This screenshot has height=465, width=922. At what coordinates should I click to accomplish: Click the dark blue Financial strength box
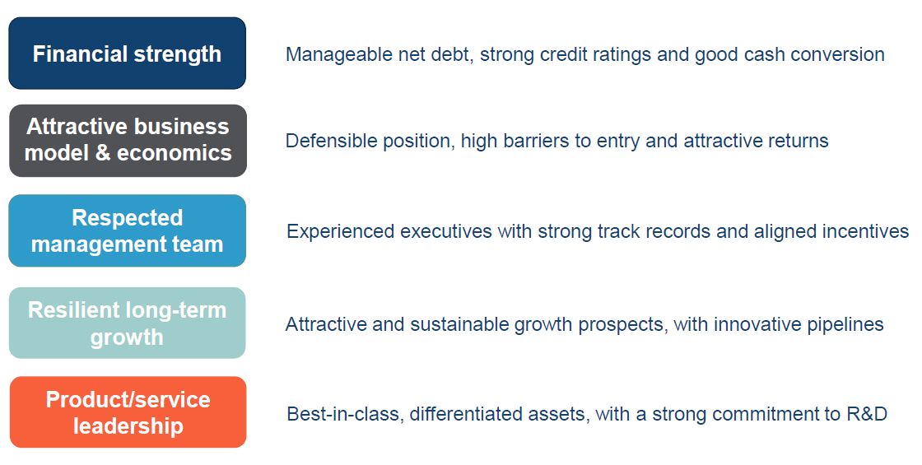(127, 53)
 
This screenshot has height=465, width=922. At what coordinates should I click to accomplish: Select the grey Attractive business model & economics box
(128, 141)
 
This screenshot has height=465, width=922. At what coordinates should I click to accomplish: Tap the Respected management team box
(127, 230)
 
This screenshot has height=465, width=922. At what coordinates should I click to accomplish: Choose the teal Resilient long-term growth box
(127, 323)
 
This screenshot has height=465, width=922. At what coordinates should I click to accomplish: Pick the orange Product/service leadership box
(128, 412)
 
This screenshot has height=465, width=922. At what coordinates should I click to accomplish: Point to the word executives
(446, 231)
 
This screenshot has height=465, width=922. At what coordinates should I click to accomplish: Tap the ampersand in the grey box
(102, 153)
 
